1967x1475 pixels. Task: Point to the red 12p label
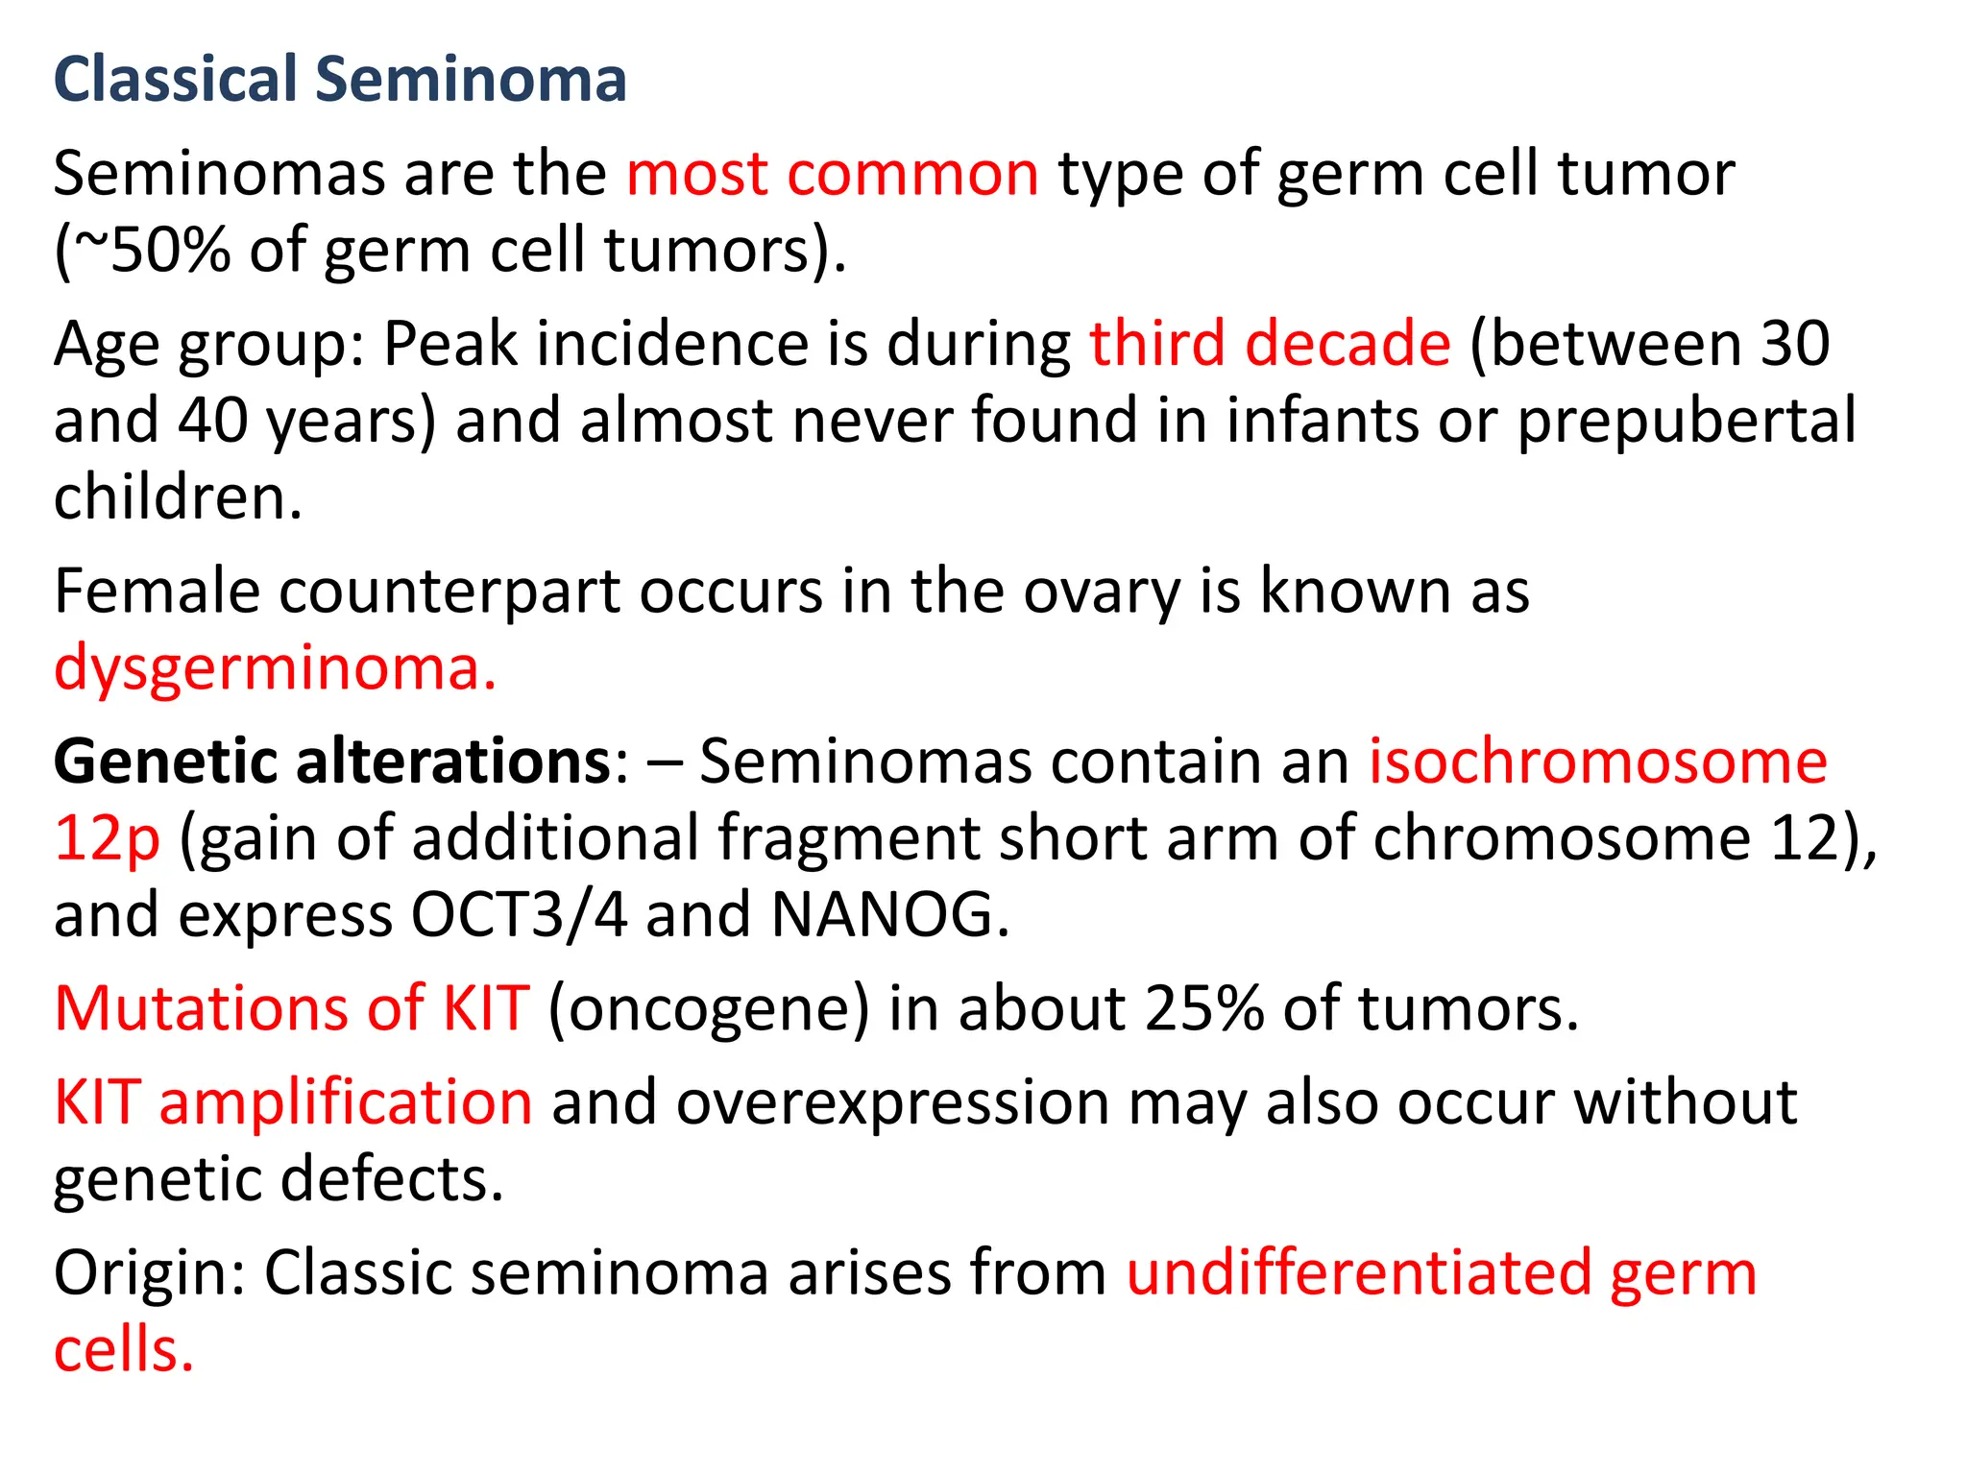point(107,838)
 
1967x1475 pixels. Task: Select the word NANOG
point(889,914)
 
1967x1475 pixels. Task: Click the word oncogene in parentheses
point(709,1009)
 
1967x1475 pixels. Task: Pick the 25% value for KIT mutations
point(1204,1009)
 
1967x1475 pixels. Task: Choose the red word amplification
point(346,1102)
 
